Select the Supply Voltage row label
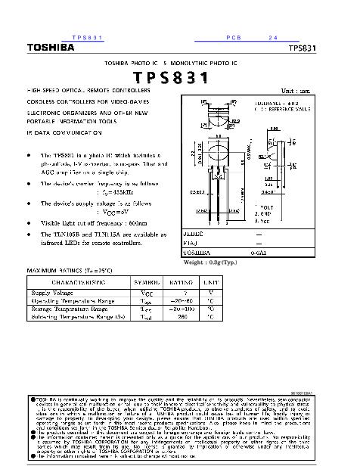point(52,291)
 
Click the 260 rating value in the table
point(182,316)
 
